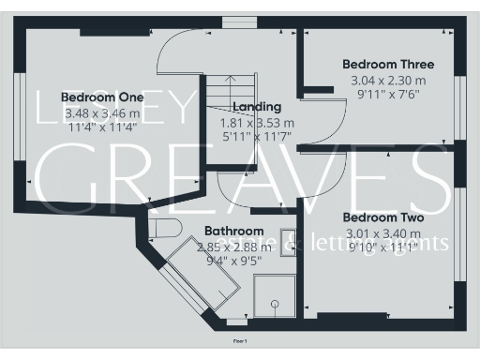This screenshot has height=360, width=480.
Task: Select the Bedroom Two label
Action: (x=382, y=217)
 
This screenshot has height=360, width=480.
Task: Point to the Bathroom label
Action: (x=234, y=231)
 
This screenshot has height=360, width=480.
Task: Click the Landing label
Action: (x=256, y=106)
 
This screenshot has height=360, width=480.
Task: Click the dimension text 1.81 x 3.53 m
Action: (x=256, y=122)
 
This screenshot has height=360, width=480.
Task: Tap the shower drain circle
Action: (x=275, y=303)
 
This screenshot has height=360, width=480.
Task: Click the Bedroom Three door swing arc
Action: (x=320, y=86)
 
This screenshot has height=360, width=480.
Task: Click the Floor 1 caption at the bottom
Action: (x=240, y=341)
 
